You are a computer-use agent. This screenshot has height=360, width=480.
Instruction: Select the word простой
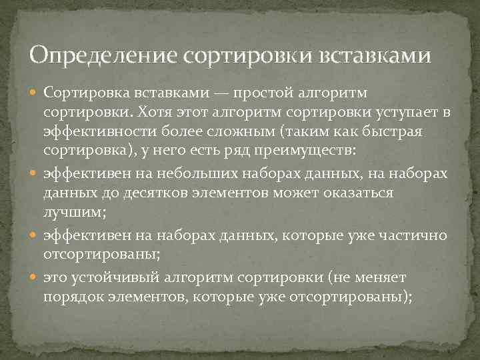(254, 91)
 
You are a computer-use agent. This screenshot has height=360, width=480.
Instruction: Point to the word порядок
(72, 298)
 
